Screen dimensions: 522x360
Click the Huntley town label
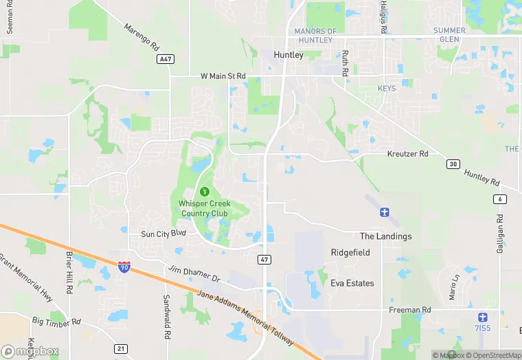pyautogui.click(x=288, y=55)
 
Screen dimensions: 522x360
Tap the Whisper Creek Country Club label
pyautogui.click(x=203, y=208)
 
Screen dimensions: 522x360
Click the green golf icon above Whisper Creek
pyautogui.click(x=203, y=191)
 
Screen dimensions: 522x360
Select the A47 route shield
pyautogui.click(x=164, y=60)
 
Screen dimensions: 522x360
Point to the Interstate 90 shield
pyautogui.click(x=124, y=267)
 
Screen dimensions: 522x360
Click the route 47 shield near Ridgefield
pyautogui.click(x=264, y=259)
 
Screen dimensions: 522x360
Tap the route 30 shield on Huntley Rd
pyautogui.click(x=453, y=164)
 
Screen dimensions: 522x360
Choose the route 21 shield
pyautogui.click(x=121, y=349)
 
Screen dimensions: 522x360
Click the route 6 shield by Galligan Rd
pyautogui.click(x=499, y=199)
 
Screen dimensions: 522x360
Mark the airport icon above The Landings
pyautogui.click(x=385, y=212)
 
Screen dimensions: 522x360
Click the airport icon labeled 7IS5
pyautogui.click(x=483, y=317)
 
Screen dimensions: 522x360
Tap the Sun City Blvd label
pyautogui.click(x=163, y=234)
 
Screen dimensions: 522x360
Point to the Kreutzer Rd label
pyautogui.click(x=407, y=154)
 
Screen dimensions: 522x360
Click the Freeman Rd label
pyautogui.click(x=409, y=310)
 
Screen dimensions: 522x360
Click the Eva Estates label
pyautogui.click(x=352, y=283)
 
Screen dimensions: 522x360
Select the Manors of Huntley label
pyautogui.click(x=315, y=36)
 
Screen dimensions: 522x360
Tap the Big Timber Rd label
pyautogui.click(x=57, y=321)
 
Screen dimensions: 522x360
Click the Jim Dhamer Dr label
pyautogui.click(x=194, y=273)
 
